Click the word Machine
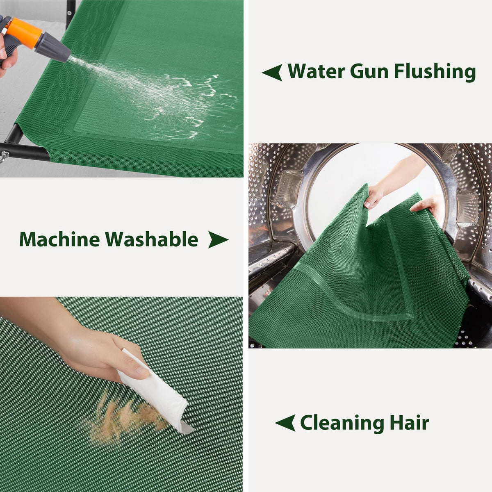click(59, 239)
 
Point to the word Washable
click(152, 239)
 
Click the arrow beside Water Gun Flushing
click(272, 72)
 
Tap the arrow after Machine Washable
click(218, 239)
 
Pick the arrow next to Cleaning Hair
click(285, 423)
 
